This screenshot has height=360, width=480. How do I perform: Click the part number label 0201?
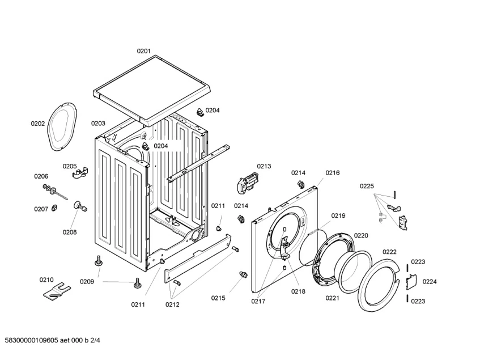143,51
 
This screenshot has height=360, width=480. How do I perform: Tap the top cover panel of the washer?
152,90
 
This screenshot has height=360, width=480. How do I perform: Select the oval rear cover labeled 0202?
62,126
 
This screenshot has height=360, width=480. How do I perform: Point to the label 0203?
98,124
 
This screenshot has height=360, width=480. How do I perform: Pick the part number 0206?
41,176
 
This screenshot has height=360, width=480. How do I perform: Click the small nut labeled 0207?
55,208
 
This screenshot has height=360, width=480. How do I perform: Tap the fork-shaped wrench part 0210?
57,290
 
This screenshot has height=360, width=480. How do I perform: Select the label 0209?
87,282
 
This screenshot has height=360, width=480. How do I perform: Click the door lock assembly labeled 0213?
249,184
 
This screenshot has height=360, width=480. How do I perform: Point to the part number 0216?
333,173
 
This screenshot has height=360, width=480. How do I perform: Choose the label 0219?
338,216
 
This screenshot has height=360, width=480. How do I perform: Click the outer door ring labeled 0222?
379,285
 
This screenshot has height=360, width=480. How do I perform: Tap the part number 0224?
430,282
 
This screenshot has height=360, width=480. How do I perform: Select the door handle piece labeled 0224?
411,282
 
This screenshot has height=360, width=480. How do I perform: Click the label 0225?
367,186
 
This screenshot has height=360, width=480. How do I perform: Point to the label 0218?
298,291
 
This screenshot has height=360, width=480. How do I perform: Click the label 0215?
218,298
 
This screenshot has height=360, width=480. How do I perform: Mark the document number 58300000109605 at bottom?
32,340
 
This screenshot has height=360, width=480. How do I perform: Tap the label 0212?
173,304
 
